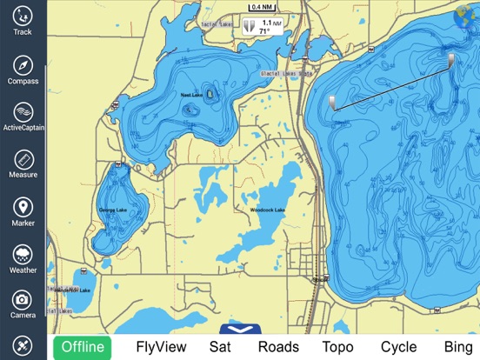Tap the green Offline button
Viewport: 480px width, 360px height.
tap(83, 347)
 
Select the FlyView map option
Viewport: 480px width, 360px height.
tap(161, 347)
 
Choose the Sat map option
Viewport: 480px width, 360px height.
tap(220, 347)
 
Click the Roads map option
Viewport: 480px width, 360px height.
tap(278, 347)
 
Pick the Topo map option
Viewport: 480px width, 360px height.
tap(337, 347)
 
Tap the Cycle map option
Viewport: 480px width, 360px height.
tap(398, 347)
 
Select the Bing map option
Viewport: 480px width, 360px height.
tap(457, 347)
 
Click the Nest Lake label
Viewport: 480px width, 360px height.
tap(190, 94)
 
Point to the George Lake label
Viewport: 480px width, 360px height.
tap(113, 210)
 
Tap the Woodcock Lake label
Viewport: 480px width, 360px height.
tap(267, 210)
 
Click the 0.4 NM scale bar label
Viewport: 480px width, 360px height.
tap(262, 7)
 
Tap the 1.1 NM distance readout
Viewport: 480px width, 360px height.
tap(272, 22)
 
